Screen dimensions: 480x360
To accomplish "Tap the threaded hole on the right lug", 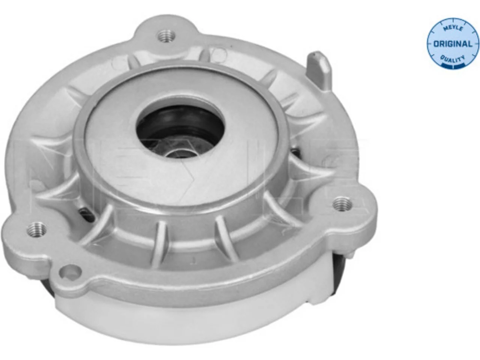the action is (342, 204).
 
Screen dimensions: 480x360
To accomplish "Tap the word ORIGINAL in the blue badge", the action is (453, 44).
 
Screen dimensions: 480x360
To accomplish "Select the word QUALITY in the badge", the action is (453, 58).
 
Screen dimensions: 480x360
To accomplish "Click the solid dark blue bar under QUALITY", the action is (453, 65).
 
